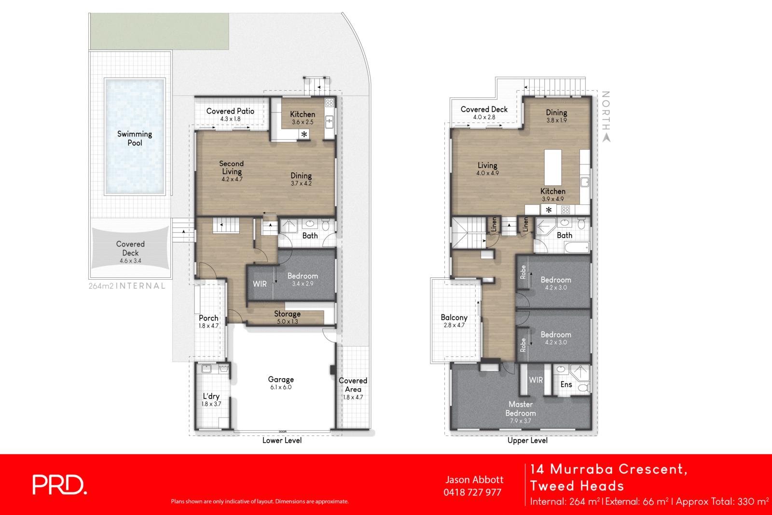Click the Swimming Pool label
[x=135, y=138]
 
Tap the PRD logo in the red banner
[x=59, y=485]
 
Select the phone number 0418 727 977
[x=472, y=492]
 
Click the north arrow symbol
[x=607, y=137]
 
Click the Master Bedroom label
[x=521, y=409]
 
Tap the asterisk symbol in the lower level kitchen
[x=304, y=135]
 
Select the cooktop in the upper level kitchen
[x=565, y=210]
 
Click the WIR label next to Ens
[x=536, y=380]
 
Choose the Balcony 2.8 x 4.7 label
[x=454, y=321]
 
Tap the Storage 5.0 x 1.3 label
[x=287, y=317]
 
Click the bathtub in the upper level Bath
[x=577, y=248]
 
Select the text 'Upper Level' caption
[x=527, y=440]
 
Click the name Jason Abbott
[x=474, y=480]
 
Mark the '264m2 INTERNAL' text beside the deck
[x=127, y=286]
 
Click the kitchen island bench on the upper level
[x=553, y=167]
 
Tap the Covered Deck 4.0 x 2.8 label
[x=484, y=113]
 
